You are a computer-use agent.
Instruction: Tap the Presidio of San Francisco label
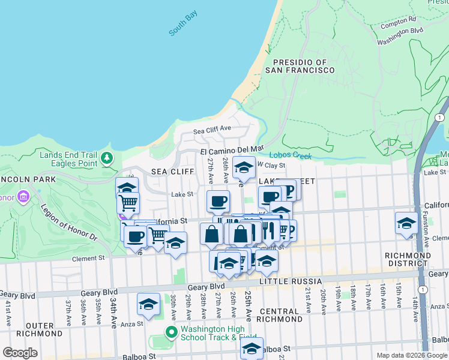pos(304,66)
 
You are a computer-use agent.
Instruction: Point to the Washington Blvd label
pos(400,35)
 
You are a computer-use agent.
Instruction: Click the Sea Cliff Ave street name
pos(212,130)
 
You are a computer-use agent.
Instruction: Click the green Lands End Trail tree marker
pos(107,158)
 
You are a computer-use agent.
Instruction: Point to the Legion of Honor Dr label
pos(68,222)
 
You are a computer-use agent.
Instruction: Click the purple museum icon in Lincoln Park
pos(23,197)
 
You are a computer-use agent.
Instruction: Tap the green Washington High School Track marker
pos(171,332)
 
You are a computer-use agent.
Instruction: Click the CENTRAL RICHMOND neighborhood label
pos(280,315)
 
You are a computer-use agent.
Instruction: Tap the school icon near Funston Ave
pos(406,223)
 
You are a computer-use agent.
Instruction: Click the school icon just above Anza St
pos(148,304)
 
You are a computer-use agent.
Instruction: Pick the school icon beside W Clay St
pos(244,168)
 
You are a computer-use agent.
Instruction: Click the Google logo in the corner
pos(20,353)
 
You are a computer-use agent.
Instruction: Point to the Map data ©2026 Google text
pos(412,355)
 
